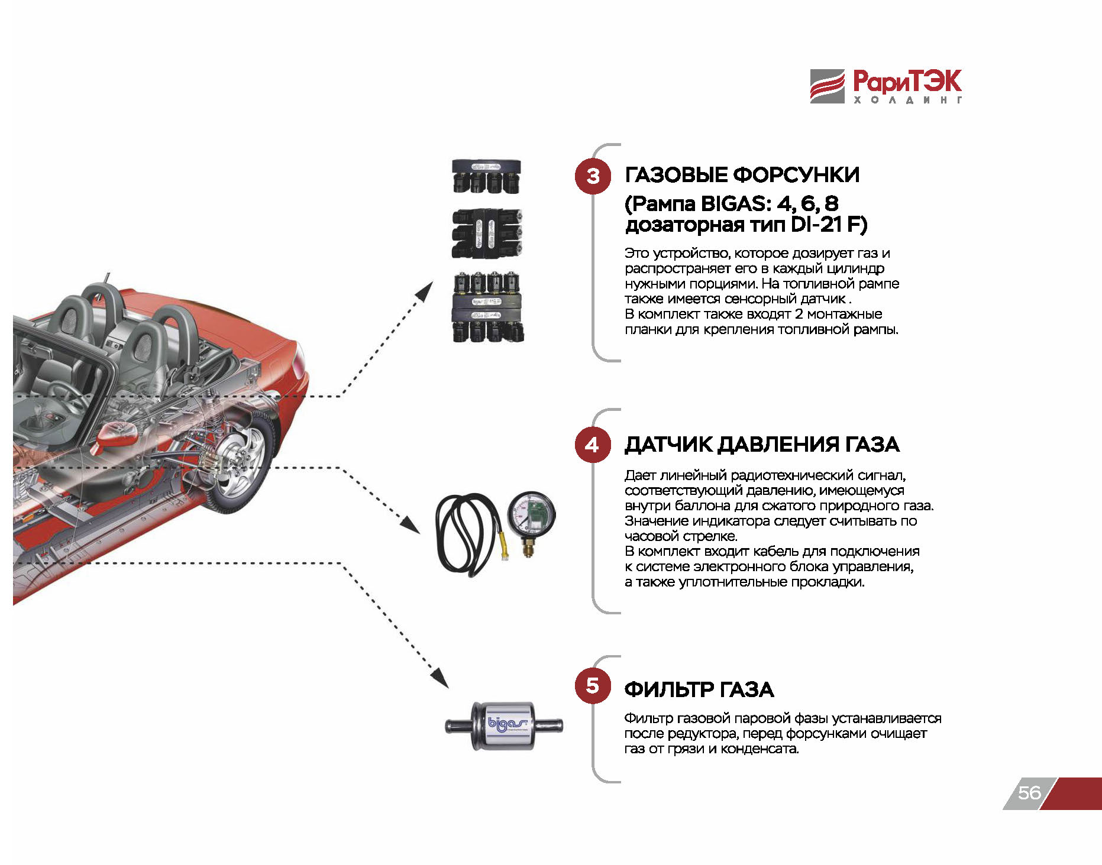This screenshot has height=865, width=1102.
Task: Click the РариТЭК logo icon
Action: pyautogui.click(x=827, y=86)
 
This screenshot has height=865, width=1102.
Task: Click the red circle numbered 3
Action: pyautogui.click(x=592, y=176)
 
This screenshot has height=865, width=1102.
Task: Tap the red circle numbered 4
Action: pyautogui.click(x=592, y=445)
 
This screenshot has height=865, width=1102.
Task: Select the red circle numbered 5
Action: pyautogui.click(x=592, y=686)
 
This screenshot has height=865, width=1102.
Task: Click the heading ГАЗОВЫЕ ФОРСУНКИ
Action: pyautogui.click(x=742, y=175)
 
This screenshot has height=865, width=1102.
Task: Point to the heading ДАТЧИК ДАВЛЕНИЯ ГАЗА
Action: pyautogui.click(x=762, y=445)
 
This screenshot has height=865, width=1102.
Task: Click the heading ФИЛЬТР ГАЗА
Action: pyautogui.click(x=699, y=689)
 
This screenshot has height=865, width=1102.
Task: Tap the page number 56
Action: pyautogui.click(x=1029, y=793)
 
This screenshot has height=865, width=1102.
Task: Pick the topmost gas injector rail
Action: pyautogui.click(x=486, y=177)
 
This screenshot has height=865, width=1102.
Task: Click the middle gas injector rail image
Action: pyautogui.click(x=487, y=233)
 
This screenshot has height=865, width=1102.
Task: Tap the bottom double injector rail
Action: pyautogui.click(x=488, y=307)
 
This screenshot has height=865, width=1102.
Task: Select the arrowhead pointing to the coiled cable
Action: pyautogui.click(x=411, y=524)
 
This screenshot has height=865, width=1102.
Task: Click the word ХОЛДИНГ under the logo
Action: pyautogui.click(x=907, y=101)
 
